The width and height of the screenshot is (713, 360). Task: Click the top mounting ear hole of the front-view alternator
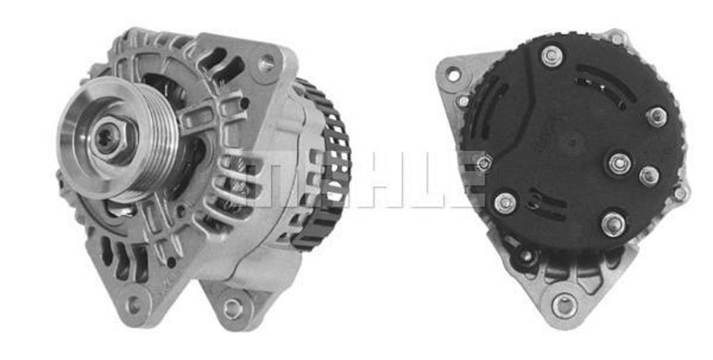266,65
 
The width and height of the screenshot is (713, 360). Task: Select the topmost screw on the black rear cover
552,55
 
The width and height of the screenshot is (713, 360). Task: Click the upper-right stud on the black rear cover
657,116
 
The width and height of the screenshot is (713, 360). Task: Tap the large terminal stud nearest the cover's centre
620,164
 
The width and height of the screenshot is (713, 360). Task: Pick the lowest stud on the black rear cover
613,224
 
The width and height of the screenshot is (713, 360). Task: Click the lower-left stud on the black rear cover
506,203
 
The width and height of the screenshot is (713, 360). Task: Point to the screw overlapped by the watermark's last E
483,164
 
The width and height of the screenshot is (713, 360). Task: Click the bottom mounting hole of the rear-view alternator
564,304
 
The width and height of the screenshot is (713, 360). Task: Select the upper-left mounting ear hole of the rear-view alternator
453,74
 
